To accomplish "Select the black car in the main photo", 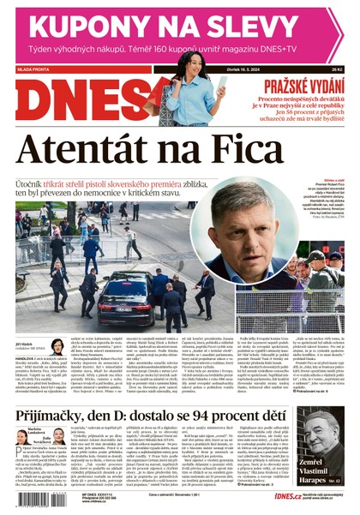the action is (x=125, y=300).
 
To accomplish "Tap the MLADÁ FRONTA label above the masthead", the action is (x=35, y=70).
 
